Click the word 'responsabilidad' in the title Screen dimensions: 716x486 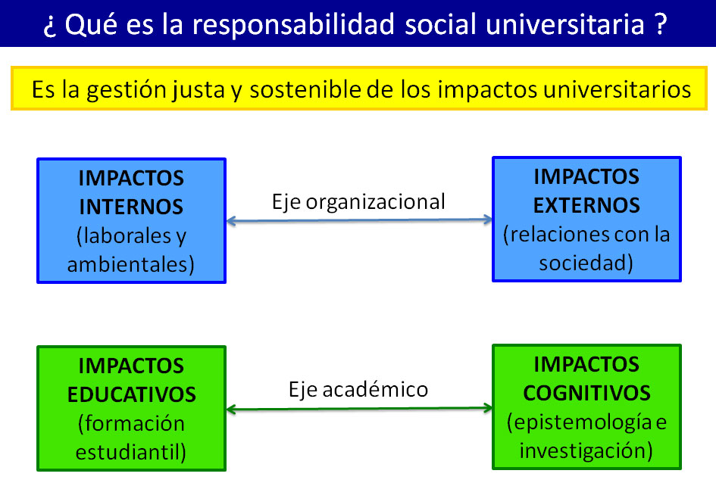click(x=292, y=25)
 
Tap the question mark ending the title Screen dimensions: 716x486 click(x=660, y=23)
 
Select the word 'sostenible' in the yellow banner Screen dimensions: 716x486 click(x=305, y=89)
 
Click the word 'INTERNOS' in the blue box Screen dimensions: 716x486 click(x=131, y=207)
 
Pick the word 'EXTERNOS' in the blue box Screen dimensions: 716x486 click(x=586, y=205)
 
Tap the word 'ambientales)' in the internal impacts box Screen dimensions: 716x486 click(x=131, y=264)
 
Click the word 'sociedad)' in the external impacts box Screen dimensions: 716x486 click(x=586, y=263)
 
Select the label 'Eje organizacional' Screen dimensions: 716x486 click(x=358, y=202)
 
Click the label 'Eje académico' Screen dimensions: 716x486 click(x=358, y=389)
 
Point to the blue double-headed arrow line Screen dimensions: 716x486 click(x=359, y=220)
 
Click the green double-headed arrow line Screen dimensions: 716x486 click(x=359, y=409)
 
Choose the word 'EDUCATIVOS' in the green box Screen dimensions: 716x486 click(x=132, y=394)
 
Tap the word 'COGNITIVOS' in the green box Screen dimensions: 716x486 click(x=586, y=394)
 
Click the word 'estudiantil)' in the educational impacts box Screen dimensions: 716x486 click(x=131, y=452)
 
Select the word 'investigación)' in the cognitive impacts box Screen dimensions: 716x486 click(x=586, y=451)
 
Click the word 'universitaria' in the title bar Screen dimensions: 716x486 click(x=565, y=25)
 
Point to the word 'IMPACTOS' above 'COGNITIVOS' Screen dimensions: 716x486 click(x=586, y=365)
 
